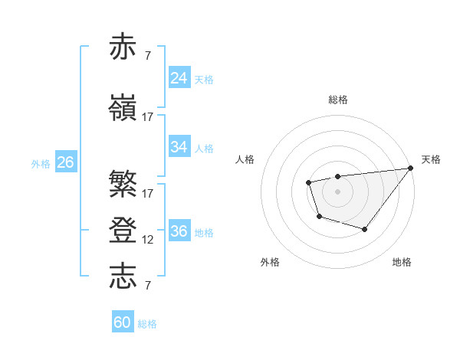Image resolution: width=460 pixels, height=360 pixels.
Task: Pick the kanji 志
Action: coord(123,276)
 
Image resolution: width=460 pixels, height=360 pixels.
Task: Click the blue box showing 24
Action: coord(179,78)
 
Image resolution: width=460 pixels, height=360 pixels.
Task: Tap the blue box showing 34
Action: coord(179,147)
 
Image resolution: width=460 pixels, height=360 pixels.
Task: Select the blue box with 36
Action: coord(179,231)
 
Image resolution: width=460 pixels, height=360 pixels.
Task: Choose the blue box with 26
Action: coord(66,162)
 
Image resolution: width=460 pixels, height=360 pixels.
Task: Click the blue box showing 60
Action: coord(123,322)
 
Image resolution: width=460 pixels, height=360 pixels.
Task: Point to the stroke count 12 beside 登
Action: coord(148,240)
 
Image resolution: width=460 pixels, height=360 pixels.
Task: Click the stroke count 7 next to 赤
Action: coord(147,56)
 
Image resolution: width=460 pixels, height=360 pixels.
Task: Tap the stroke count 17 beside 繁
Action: coord(148,193)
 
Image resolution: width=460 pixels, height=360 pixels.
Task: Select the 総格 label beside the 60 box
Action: coord(147,324)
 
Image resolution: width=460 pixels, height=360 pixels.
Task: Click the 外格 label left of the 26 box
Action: coord(41,164)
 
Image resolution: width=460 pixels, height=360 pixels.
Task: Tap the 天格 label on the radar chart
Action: coord(431,159)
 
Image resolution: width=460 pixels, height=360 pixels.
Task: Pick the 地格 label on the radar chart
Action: coord(402,262)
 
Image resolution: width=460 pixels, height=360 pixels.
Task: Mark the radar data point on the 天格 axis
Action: coord(411,168)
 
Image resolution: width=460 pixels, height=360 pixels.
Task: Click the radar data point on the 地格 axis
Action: coord(365,229)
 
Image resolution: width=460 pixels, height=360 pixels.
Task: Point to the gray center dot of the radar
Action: coord(337,191)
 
